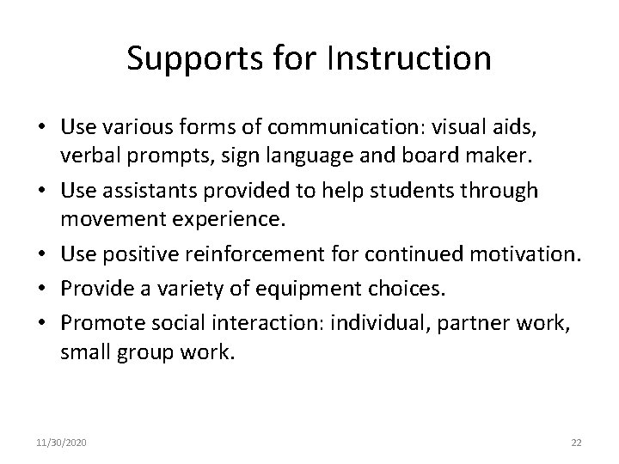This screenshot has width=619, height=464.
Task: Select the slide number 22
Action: click(576, 443)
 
